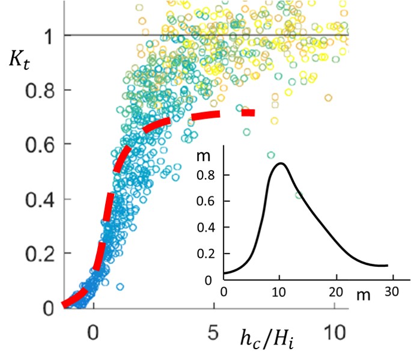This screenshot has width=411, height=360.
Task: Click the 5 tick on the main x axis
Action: (215, 332)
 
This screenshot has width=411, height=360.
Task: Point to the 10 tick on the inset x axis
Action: (279, 291)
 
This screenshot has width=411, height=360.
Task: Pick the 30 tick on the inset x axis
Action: (392, 291)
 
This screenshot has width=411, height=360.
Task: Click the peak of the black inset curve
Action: (280, 163)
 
